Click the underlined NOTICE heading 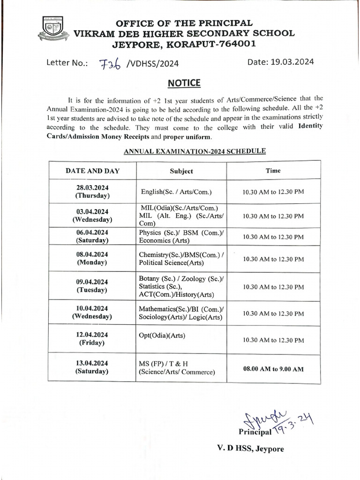click(184, 83)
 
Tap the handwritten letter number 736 click(111, 64)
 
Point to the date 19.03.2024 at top click(280, 62)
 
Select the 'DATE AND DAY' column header click(92, 171)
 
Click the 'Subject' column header click(181, 171)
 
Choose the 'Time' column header click(273, 171)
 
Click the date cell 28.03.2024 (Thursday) click(92, 191)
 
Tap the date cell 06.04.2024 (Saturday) click(92, 236)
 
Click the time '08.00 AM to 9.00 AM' click(273, 369)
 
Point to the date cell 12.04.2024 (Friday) click(92, 339)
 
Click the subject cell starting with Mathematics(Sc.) click(181, 314)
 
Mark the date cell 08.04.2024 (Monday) click(92, 258)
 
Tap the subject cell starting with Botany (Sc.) click(181, 286)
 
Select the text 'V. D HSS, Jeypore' click(250, 449)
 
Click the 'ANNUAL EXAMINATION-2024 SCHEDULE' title click(195, 151)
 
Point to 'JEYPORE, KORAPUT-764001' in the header click(184, 45)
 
